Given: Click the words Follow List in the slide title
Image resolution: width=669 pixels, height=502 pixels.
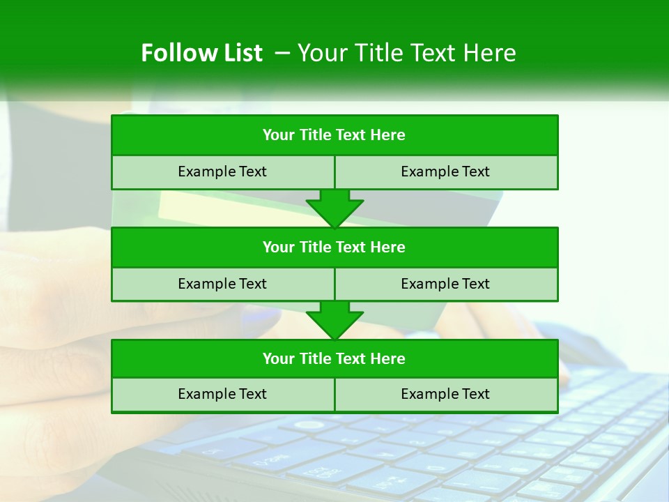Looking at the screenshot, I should pyautogui.click(x=201, y=53).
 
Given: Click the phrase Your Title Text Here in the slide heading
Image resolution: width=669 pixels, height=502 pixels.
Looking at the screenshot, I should pyautogui.click(x=406, y=53).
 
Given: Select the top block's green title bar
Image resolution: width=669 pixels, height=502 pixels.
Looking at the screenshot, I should pyautogui.click(x=334, y=135).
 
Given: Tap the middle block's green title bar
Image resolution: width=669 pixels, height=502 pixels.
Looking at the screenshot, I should pyautogui.click(x=334, y=248).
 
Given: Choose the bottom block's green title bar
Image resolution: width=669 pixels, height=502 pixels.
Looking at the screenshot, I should pyautogui.click(x=334, y=359).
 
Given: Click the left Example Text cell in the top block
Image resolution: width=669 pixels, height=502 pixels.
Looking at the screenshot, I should pyautogui.click(x=222, y=172).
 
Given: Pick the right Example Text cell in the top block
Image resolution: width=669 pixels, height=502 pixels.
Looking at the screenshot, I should pyautogui.click(x=445, y=172).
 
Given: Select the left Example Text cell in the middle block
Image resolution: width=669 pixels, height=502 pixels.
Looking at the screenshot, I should pyautogui.click(x=222, y=284).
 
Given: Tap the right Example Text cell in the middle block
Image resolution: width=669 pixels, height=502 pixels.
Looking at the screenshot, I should pyautogui.click(x=445, y=284).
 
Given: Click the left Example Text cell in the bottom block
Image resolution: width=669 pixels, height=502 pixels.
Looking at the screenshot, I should pyautogui.click(x=222, y=395).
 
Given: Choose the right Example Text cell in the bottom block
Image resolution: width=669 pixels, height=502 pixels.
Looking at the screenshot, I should pyautogui.click(x=445, y=395).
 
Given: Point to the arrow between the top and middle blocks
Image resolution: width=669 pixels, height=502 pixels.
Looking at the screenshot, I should pyautogui.click(x=334, y=208).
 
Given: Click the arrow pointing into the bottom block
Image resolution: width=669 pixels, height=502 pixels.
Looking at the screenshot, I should pyautogui.click(x=334, y=320).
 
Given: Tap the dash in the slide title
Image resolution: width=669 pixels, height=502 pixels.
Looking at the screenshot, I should pyautogui.click(x=282, y=53).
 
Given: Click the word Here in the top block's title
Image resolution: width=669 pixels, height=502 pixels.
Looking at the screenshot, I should pyautogui.click(x=388, y=135).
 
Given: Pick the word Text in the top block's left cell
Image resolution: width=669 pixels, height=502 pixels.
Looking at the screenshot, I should pyautogui.click(x=253, y=172).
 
